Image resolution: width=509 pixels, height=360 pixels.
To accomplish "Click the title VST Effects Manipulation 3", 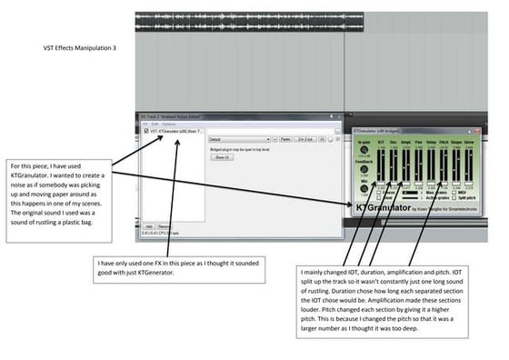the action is (80, 47).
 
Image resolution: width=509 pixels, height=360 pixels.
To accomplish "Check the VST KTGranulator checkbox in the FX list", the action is (146, 132).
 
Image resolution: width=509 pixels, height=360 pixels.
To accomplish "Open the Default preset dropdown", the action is (236, 140).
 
